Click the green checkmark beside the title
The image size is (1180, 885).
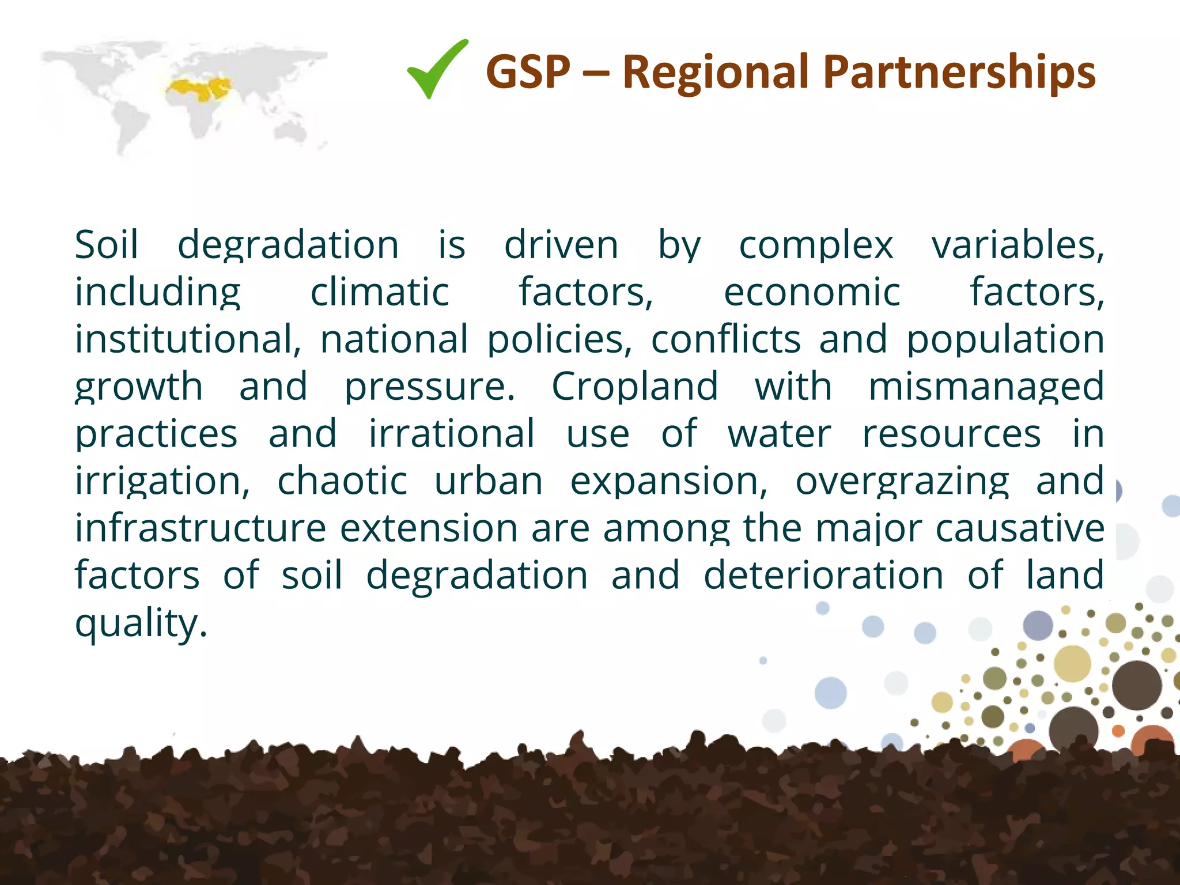[x=437, y=70]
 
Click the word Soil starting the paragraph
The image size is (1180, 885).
[x=107, y=245]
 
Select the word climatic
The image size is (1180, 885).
[x=380, y=292]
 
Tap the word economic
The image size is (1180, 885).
[x=811, y=292]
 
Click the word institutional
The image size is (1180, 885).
[x=187, y=339]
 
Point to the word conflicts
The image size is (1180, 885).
[x=725, y=339]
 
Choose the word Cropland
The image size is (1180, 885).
[x=634, y=387]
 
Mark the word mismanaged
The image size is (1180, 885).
[x=985, y=387]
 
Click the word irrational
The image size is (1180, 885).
[x=452, y=434]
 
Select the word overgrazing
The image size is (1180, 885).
[x=902, y=481]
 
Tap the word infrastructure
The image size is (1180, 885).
[x=201, y=528]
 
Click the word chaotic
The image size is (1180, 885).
[x=342, y=481]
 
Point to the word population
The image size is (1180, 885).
[x=1005, y=339]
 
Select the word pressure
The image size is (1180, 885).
[x=429, y=387]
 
